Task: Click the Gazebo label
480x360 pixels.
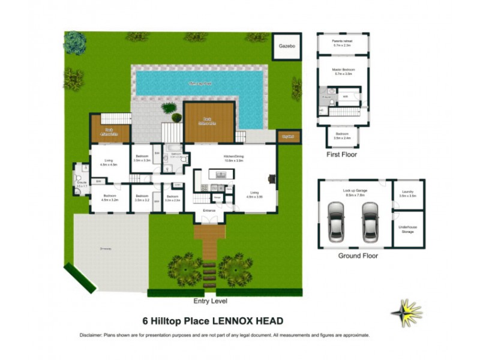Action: (287, 46)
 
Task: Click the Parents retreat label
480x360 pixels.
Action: (343, 43)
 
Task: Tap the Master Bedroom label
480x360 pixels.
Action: (343, 71)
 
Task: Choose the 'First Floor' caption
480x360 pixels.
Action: (342, 155)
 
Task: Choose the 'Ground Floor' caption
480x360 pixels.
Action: (357, 255)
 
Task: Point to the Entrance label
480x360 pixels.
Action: (209, 211)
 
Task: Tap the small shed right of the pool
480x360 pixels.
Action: (289, 137)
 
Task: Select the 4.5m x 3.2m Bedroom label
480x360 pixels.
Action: (109, 198)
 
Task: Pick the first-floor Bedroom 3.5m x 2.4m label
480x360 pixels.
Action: (342, 136)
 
